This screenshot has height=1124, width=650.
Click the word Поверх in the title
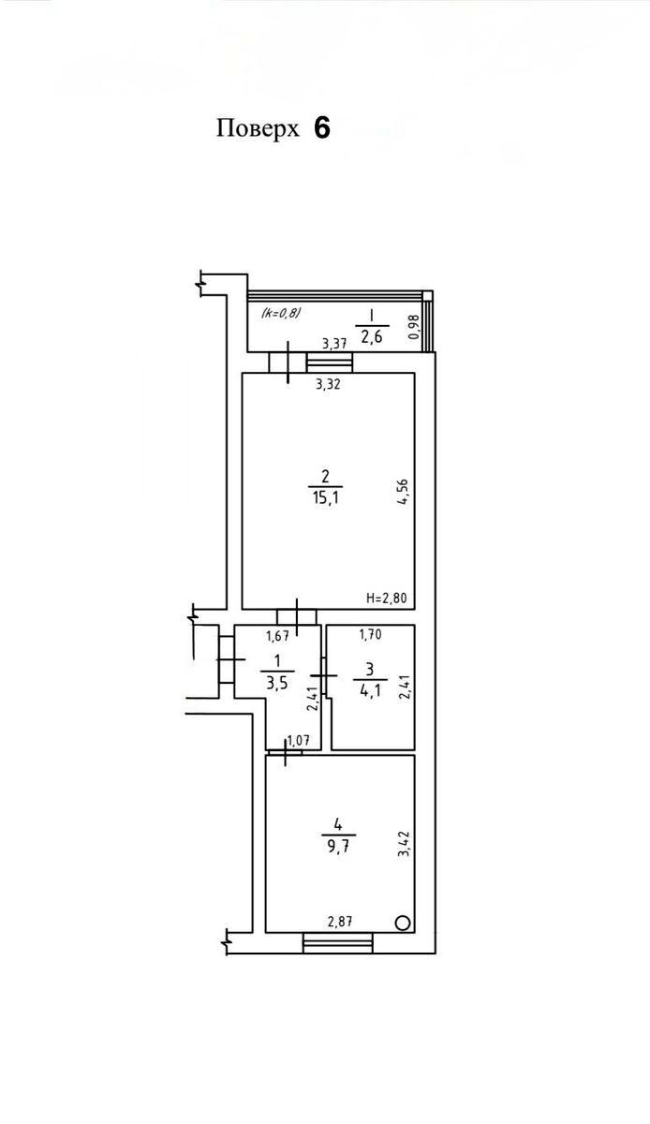click(258, 129)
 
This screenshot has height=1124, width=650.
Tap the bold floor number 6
click(322, 128)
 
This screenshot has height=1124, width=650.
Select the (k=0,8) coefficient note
click(281, 313)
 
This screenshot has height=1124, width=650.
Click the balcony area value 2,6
click(372, 336)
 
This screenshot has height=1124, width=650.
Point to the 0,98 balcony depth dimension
click(414, 327)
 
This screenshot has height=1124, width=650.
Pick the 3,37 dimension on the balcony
click(333, 344)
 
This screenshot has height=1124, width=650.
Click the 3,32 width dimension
click(328, 384)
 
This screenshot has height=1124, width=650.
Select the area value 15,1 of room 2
click(325, 498)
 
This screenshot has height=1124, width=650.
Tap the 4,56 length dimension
click(404, 494)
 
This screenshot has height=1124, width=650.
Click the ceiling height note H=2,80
click(387, 599)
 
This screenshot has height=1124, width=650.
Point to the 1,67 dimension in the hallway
click(277, 636)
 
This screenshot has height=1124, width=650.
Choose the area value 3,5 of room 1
click(276, 683)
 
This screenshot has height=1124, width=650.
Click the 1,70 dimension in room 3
click(370, 635)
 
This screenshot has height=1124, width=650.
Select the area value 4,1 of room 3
click(370, 690)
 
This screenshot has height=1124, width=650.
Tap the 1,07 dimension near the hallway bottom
click(298, 741)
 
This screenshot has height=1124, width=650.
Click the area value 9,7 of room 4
click(338, 847)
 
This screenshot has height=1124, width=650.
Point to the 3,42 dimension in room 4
click(405, 844)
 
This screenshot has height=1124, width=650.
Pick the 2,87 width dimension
click(340, 922)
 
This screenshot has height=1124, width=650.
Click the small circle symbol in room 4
click(403, 923)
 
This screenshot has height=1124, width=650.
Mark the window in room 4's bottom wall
click(338, 943)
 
